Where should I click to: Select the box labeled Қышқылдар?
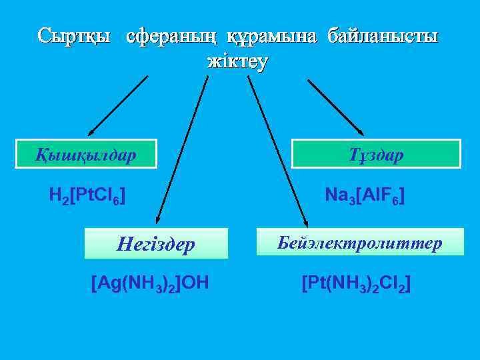pyautogui.click(x=87, y=154)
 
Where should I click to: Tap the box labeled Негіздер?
pyautogui.click(x=156, y=244)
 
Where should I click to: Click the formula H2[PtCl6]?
pyautogui.click(x=87, y=196)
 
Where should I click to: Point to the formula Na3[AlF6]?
pyautogui.click(x=365, y=196)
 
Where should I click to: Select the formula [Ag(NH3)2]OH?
pyautogui.click(x=150, y=283)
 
